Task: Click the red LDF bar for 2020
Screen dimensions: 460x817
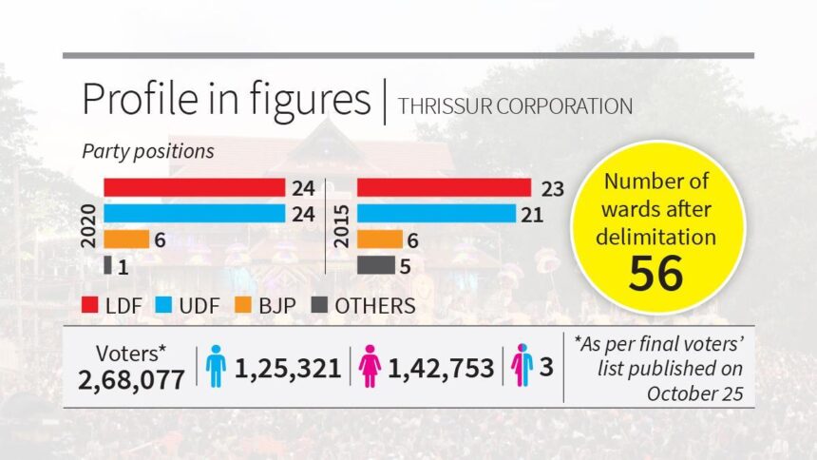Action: tap(194, 187)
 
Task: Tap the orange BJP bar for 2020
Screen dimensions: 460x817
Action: tap(126, 240)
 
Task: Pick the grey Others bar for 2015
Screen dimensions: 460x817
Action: tap(375, 265)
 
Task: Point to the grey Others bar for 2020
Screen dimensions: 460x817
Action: tap(107, 265)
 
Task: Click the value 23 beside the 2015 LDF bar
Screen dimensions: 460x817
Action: tap(553, 188)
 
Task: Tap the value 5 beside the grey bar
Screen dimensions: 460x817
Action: tap(405, 266)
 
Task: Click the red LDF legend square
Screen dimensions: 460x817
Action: tap(91, 305)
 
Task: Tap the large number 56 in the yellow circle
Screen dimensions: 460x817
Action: tap(656, 273)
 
